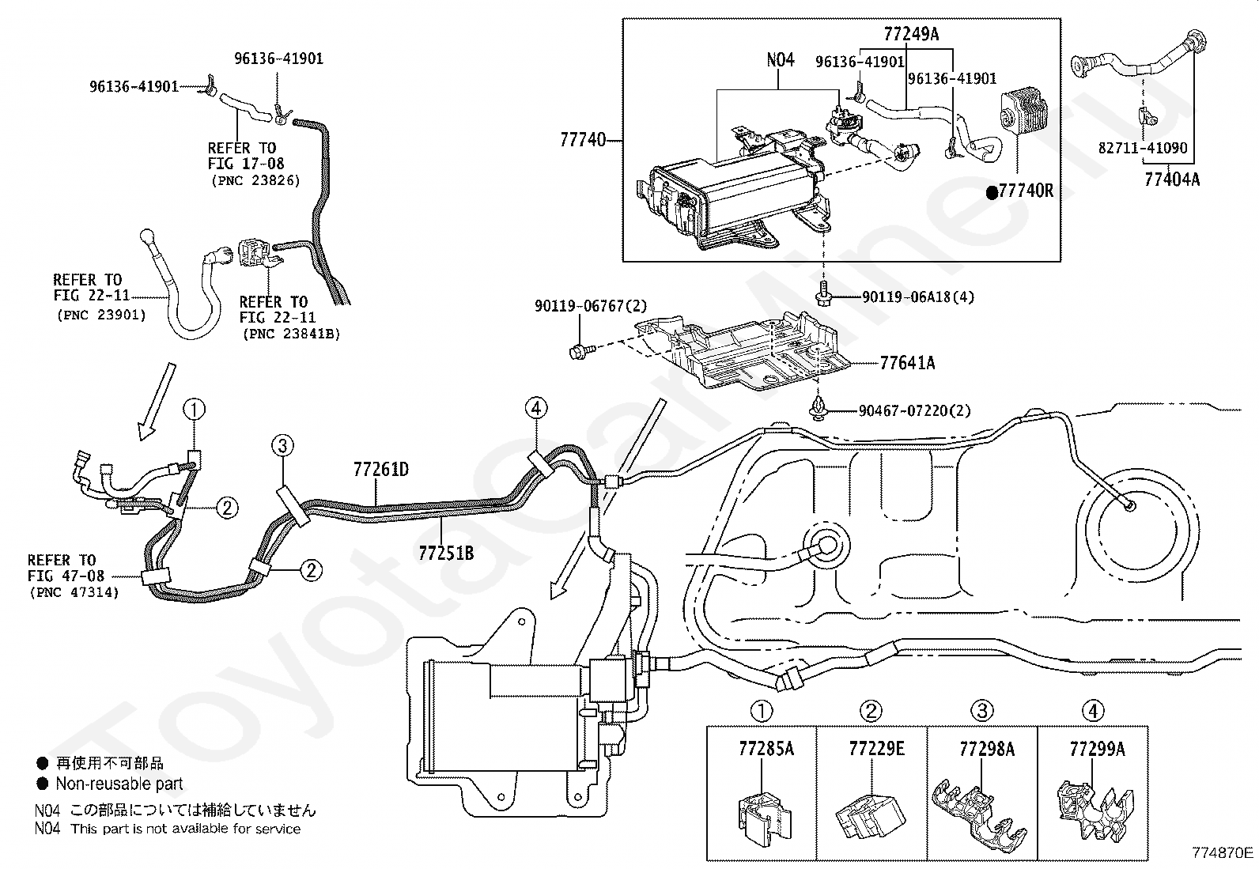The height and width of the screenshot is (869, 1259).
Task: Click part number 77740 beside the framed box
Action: (x=583, y=139)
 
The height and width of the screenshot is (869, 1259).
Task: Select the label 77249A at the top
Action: (x=911, y=34)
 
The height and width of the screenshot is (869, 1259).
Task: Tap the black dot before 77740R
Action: (x=992, y=193)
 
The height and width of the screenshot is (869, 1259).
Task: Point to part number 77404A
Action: (x=1173, y=179)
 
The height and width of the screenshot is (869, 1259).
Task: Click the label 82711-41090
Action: (x=1143, y=148)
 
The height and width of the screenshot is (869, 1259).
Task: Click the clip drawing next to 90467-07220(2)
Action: (x=819, y=410)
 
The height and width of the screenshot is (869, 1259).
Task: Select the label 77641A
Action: (x=907, y=363)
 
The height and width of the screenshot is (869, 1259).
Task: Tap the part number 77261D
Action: (x=381, y=470)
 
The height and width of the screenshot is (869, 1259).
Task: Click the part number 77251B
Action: (x=446, y=553)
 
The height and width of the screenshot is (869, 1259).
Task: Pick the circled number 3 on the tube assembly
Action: (x=282, y=446)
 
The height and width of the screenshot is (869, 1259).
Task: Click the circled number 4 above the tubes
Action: (x=536, y=408)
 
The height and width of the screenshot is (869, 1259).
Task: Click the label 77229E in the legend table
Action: (x=877, y=749)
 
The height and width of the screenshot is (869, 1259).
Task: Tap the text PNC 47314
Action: (x=74, y=592)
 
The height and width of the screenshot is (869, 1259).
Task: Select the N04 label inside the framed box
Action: (x=781, y=59)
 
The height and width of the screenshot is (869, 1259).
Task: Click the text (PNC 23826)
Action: (x=255, y=180)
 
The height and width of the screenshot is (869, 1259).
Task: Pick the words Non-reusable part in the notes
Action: (x=119, y=783)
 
